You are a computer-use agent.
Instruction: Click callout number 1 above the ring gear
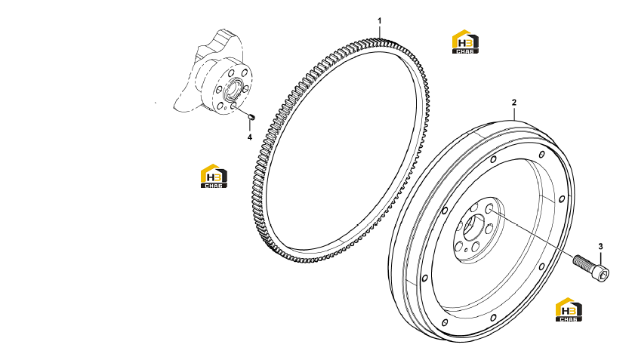(379, 20)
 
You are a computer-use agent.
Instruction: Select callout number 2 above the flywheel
(514, 103)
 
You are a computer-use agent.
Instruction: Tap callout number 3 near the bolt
(600, 247)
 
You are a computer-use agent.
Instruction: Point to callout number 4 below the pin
(250, 137)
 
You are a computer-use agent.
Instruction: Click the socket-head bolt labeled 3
(591, 268)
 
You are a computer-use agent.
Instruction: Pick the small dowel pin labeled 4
(252, 117)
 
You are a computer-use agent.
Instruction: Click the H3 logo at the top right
(465, 42)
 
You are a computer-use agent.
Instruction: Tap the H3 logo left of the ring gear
(214, 176)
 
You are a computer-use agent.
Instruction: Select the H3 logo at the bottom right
(569, 309)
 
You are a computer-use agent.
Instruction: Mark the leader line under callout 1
(379, 32)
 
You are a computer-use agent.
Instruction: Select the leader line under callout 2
(514, 115)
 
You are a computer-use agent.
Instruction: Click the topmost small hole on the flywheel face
(542, 154)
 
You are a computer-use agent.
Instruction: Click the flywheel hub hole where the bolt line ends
(489, 208)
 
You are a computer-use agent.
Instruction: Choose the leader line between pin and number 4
(250, 126)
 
